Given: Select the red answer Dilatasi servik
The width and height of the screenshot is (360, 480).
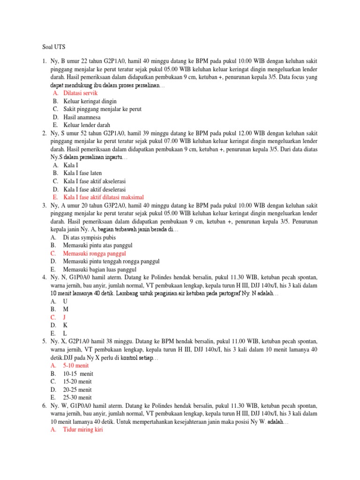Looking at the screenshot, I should (80, 93).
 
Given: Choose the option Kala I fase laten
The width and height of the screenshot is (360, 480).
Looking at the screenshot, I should (83, 173).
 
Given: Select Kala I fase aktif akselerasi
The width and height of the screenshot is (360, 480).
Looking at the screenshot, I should (94, 181).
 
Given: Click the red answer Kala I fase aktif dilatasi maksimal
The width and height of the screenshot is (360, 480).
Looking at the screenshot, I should (103, 197).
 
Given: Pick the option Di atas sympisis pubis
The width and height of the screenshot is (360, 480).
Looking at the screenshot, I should (90, 237).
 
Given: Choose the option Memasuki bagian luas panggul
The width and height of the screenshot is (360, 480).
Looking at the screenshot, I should (99, 269).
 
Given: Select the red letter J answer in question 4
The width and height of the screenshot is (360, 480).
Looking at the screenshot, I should (65, 317).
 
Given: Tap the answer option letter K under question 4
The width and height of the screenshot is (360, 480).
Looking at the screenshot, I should (65, 325).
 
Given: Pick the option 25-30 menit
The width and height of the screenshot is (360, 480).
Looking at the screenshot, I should (79, 397).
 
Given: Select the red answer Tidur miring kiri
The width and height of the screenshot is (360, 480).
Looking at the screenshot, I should (83, 429).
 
